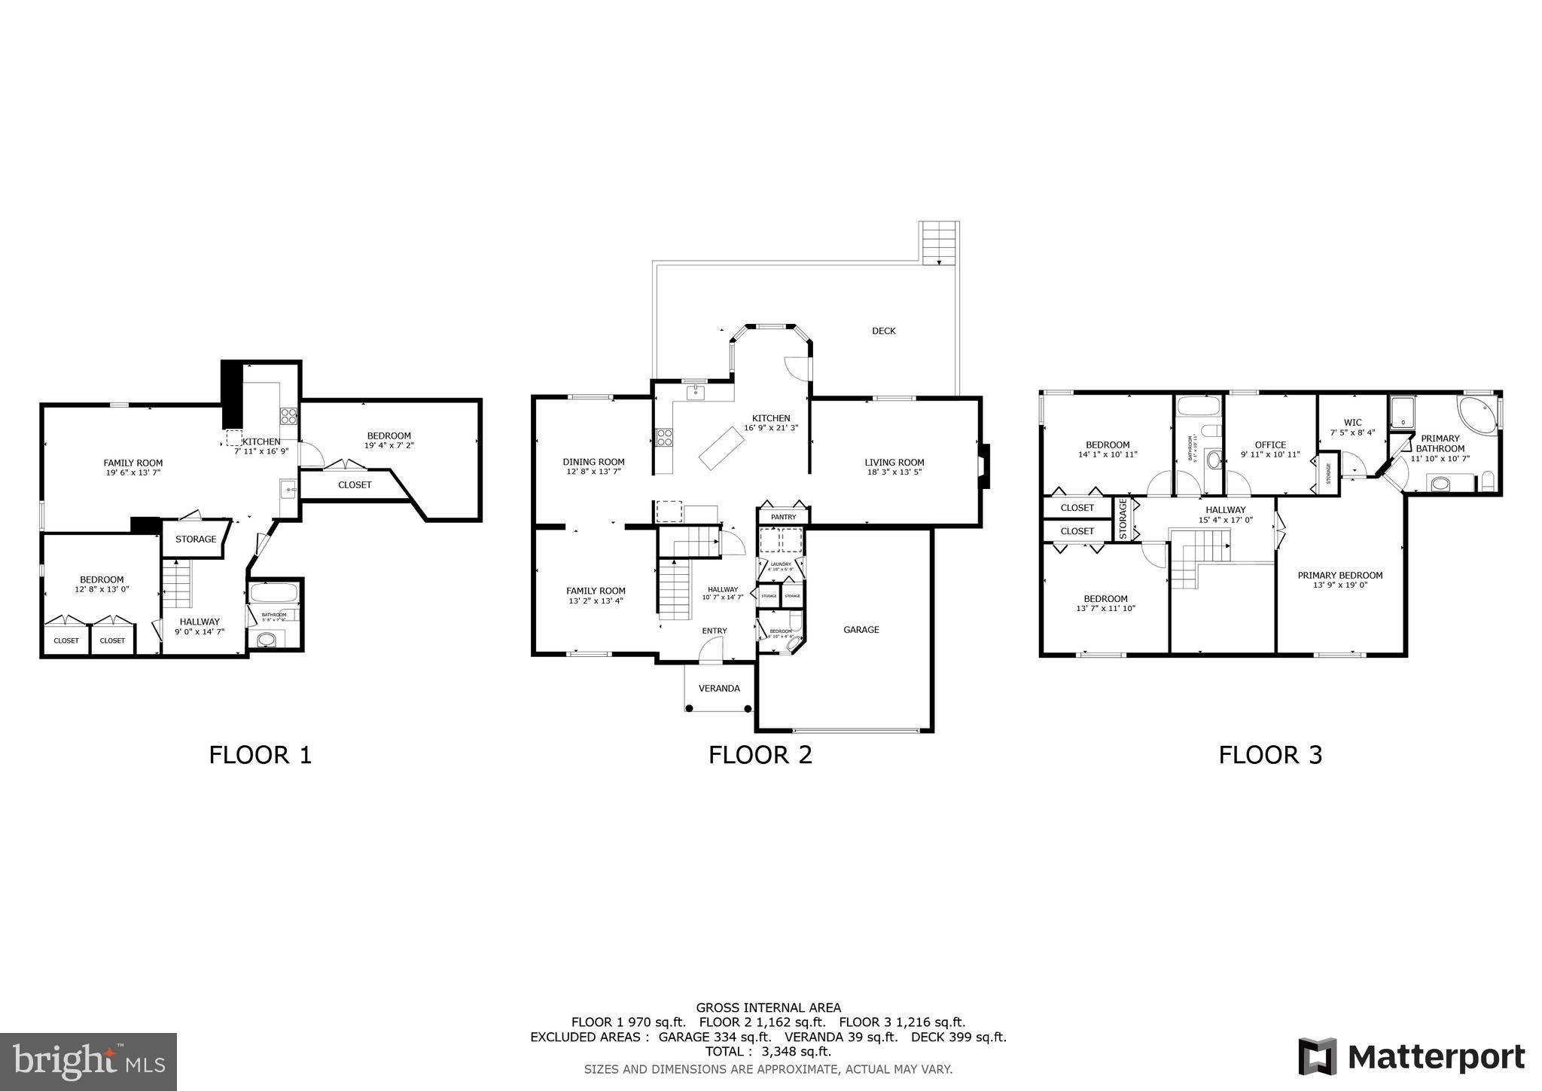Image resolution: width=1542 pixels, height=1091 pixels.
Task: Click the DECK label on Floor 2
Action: pos(883,331)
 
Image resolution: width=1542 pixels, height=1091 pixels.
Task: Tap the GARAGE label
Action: pos(861,630)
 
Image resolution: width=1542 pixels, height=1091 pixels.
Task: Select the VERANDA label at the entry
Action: pos(719,689)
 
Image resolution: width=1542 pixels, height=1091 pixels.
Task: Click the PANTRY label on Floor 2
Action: pos(783,517)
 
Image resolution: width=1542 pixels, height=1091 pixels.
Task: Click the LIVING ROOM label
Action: pos(894,463)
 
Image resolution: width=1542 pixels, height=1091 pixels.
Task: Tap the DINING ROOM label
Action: pos(593,462)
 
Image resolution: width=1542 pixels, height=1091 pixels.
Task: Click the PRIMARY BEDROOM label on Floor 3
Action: pos(1339,576)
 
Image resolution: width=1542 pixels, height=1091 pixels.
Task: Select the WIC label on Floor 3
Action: pos(1352,423)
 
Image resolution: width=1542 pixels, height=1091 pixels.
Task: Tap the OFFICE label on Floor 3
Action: pos(1270,445)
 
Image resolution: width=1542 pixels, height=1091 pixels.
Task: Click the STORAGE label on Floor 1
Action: pos(196,539)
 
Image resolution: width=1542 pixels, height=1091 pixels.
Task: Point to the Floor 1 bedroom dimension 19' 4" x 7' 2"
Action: pos(389,445)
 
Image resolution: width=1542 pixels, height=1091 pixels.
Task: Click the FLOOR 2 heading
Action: pos(760,755)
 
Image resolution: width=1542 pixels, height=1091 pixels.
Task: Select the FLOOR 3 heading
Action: pos(1269,755)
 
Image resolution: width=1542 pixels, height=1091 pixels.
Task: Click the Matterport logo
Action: pos(1411,1057)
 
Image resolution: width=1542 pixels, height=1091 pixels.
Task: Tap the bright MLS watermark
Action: pos(88,1062)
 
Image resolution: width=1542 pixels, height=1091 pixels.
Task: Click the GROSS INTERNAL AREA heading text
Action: pos(768,1007)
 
